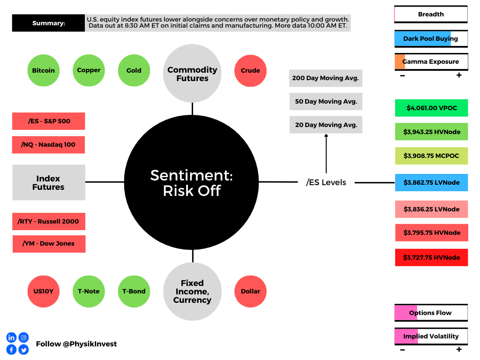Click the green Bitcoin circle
click(x=44, y=70)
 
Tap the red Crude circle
click(x=250, y=70)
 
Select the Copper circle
click(x=89, y=70)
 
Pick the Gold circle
click(x=134, y=70)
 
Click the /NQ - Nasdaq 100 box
click(x=48, y=144)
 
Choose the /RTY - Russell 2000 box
click(x=49, y=221)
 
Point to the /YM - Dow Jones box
click(x=49, y=244)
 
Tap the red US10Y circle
click(x=44, y=291)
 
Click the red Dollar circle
click(x=250, y=291)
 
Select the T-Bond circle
click(x=134, y=291)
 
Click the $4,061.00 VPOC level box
click(x=431, y=108)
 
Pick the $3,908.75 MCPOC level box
click(x=431, y=156)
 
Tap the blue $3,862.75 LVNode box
click(x=431, y=182)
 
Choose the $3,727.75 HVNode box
click(x=431, y=257)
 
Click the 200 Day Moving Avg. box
click(x=325, y=78)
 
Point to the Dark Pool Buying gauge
click(x=431, y=38)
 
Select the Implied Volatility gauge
click(x=431, y=336)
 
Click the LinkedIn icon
click(x=11, y=337)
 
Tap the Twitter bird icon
click(x=23, y=350)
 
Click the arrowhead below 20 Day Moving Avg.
click(x=326, y=136)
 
